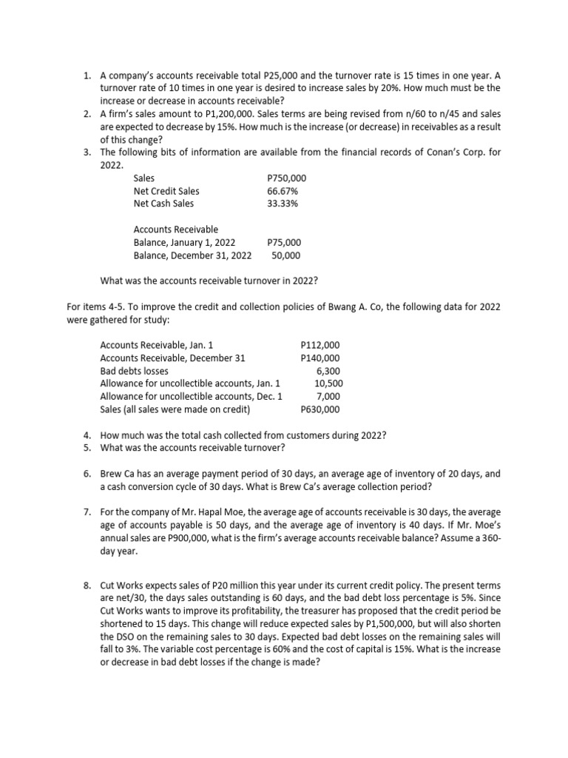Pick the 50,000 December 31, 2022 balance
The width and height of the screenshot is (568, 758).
pyautogui.click(x=286, y=255)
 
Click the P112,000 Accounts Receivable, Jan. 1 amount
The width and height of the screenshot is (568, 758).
pyautogui.click(x=320, y=345)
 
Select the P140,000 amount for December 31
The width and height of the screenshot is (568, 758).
pyautogui.click(x=320, y=358)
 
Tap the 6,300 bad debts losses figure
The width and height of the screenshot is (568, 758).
pyautogui.click(x=328, y=370)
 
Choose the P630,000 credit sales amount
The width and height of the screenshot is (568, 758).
pyautogui.click(x=320, y=409)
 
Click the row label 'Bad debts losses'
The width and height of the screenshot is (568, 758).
pyautogui.click(x=134, y=370)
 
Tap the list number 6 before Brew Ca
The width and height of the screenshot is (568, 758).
pyautogui.click(x=87, y=473)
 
